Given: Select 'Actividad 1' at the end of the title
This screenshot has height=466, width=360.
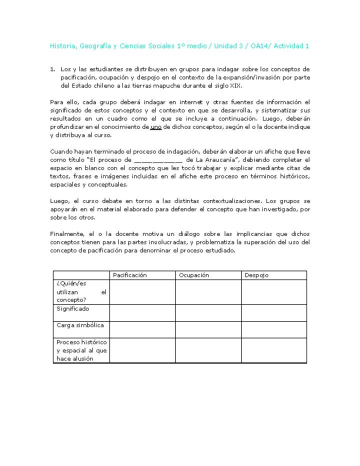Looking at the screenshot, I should tap(291, 46).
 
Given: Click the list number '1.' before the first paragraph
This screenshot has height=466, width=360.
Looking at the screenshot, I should tap(53, 69).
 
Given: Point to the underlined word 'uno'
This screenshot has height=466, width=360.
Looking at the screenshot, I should tap(155, 127).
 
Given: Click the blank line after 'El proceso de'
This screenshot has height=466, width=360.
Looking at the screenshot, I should tap(158, 160).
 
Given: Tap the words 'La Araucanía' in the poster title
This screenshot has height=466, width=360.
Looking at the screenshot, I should tap(215, 160).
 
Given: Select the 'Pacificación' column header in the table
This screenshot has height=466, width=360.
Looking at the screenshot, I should tap(129, 275).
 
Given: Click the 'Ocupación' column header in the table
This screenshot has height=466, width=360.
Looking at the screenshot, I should tap(194, 275).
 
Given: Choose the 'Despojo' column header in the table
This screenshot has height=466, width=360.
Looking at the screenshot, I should tap(256, 275).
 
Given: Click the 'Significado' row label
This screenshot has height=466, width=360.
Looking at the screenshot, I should tap(73, 309).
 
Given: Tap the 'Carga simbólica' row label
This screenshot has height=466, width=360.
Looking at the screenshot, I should tap(80, 325).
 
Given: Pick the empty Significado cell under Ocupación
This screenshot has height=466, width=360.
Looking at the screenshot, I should tap(208, 312).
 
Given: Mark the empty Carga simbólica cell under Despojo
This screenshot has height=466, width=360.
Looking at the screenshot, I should tap(273, 329).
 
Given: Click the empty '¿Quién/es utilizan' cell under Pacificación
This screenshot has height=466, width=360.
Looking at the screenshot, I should tap(142, 292).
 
